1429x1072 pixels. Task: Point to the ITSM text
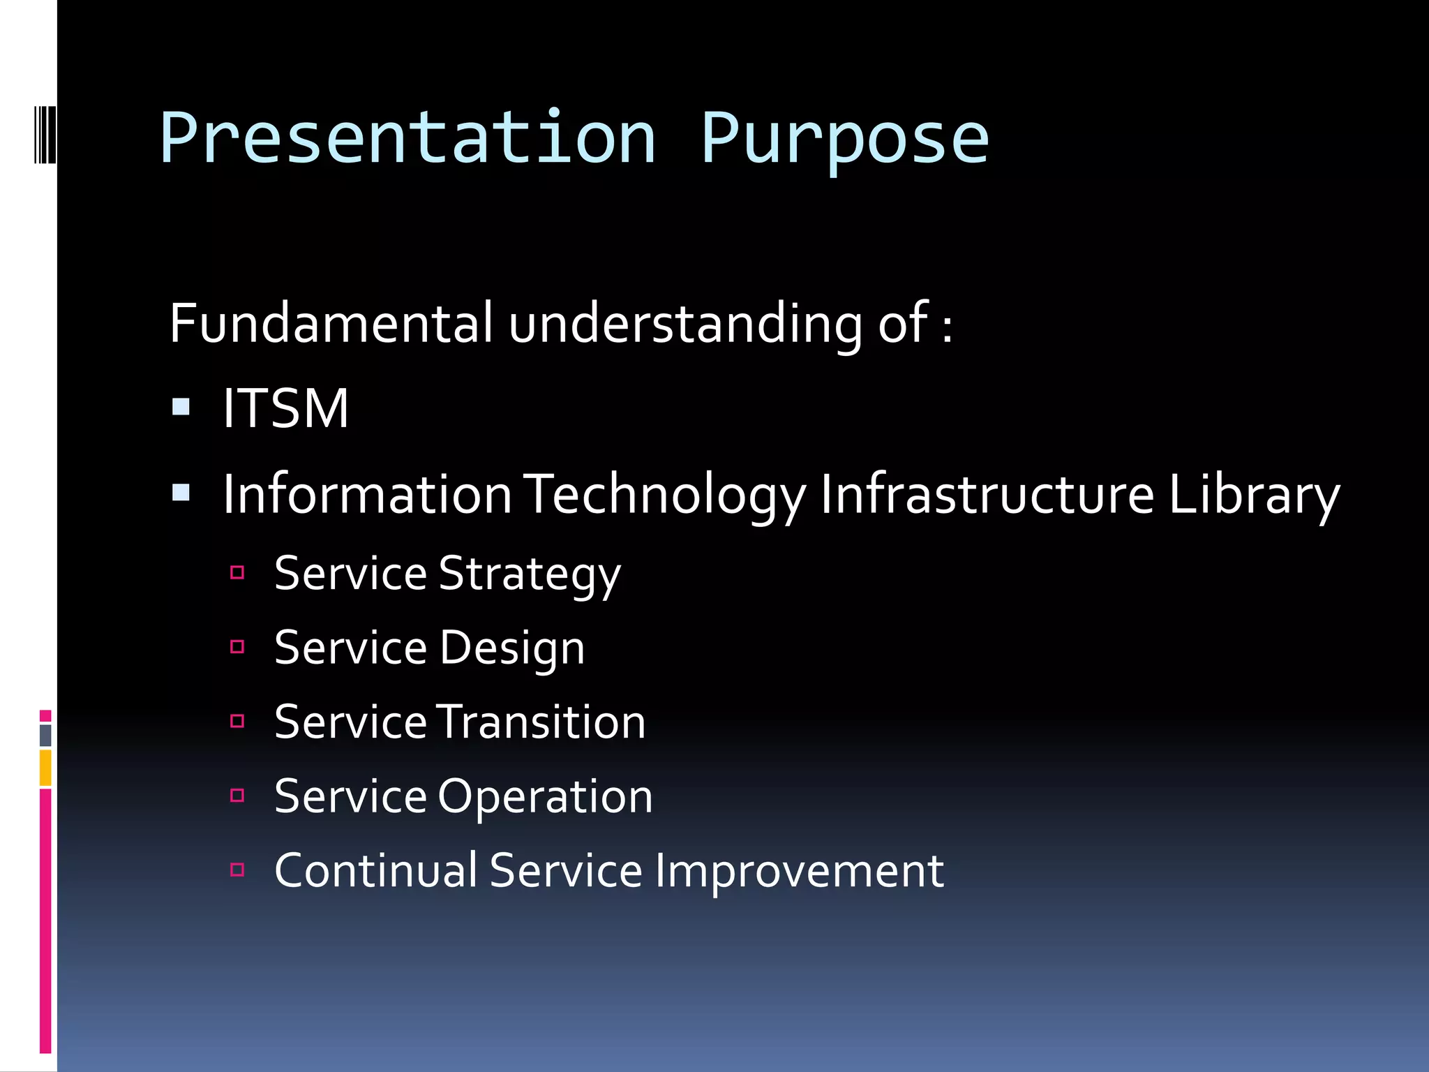tap(285, 408)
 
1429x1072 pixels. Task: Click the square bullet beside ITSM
tap(181, 407)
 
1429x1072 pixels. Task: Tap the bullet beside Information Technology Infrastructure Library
tap(181, 493)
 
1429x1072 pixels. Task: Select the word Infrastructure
tap(987, 494)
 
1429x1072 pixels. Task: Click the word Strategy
tap(530, 574)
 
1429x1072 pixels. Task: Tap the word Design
tap(512, 648)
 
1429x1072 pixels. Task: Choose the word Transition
tap(541, 722)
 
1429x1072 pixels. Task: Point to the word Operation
tap(545, 796)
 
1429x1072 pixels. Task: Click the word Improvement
tap(800, 871)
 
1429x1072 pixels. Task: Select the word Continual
tap(376, 870)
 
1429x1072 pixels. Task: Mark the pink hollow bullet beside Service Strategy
tap(237, 573)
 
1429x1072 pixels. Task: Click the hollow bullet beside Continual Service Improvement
tap(237, 870)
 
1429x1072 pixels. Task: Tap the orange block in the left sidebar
tap(45, 768)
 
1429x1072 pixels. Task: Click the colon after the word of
tap(947, 327)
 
